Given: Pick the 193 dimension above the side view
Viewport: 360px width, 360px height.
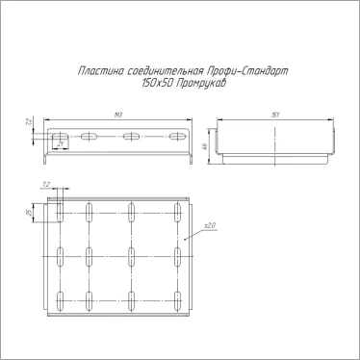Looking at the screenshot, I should coord(119,115).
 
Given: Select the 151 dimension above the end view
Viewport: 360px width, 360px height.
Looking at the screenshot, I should coord(275,115).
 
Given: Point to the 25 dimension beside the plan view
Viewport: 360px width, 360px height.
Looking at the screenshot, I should coord(32,213).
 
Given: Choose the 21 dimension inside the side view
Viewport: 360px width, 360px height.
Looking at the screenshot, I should coord(60,144).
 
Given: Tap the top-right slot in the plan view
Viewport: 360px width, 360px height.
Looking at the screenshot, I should coord(179,213).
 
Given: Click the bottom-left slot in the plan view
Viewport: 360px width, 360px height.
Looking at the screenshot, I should coord(60,300).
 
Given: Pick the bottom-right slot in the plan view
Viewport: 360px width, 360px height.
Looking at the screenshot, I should coord(179,300).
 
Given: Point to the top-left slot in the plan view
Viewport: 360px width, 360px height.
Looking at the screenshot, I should coord(60,213).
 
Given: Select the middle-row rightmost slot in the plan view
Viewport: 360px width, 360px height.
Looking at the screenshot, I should coord(179,256).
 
